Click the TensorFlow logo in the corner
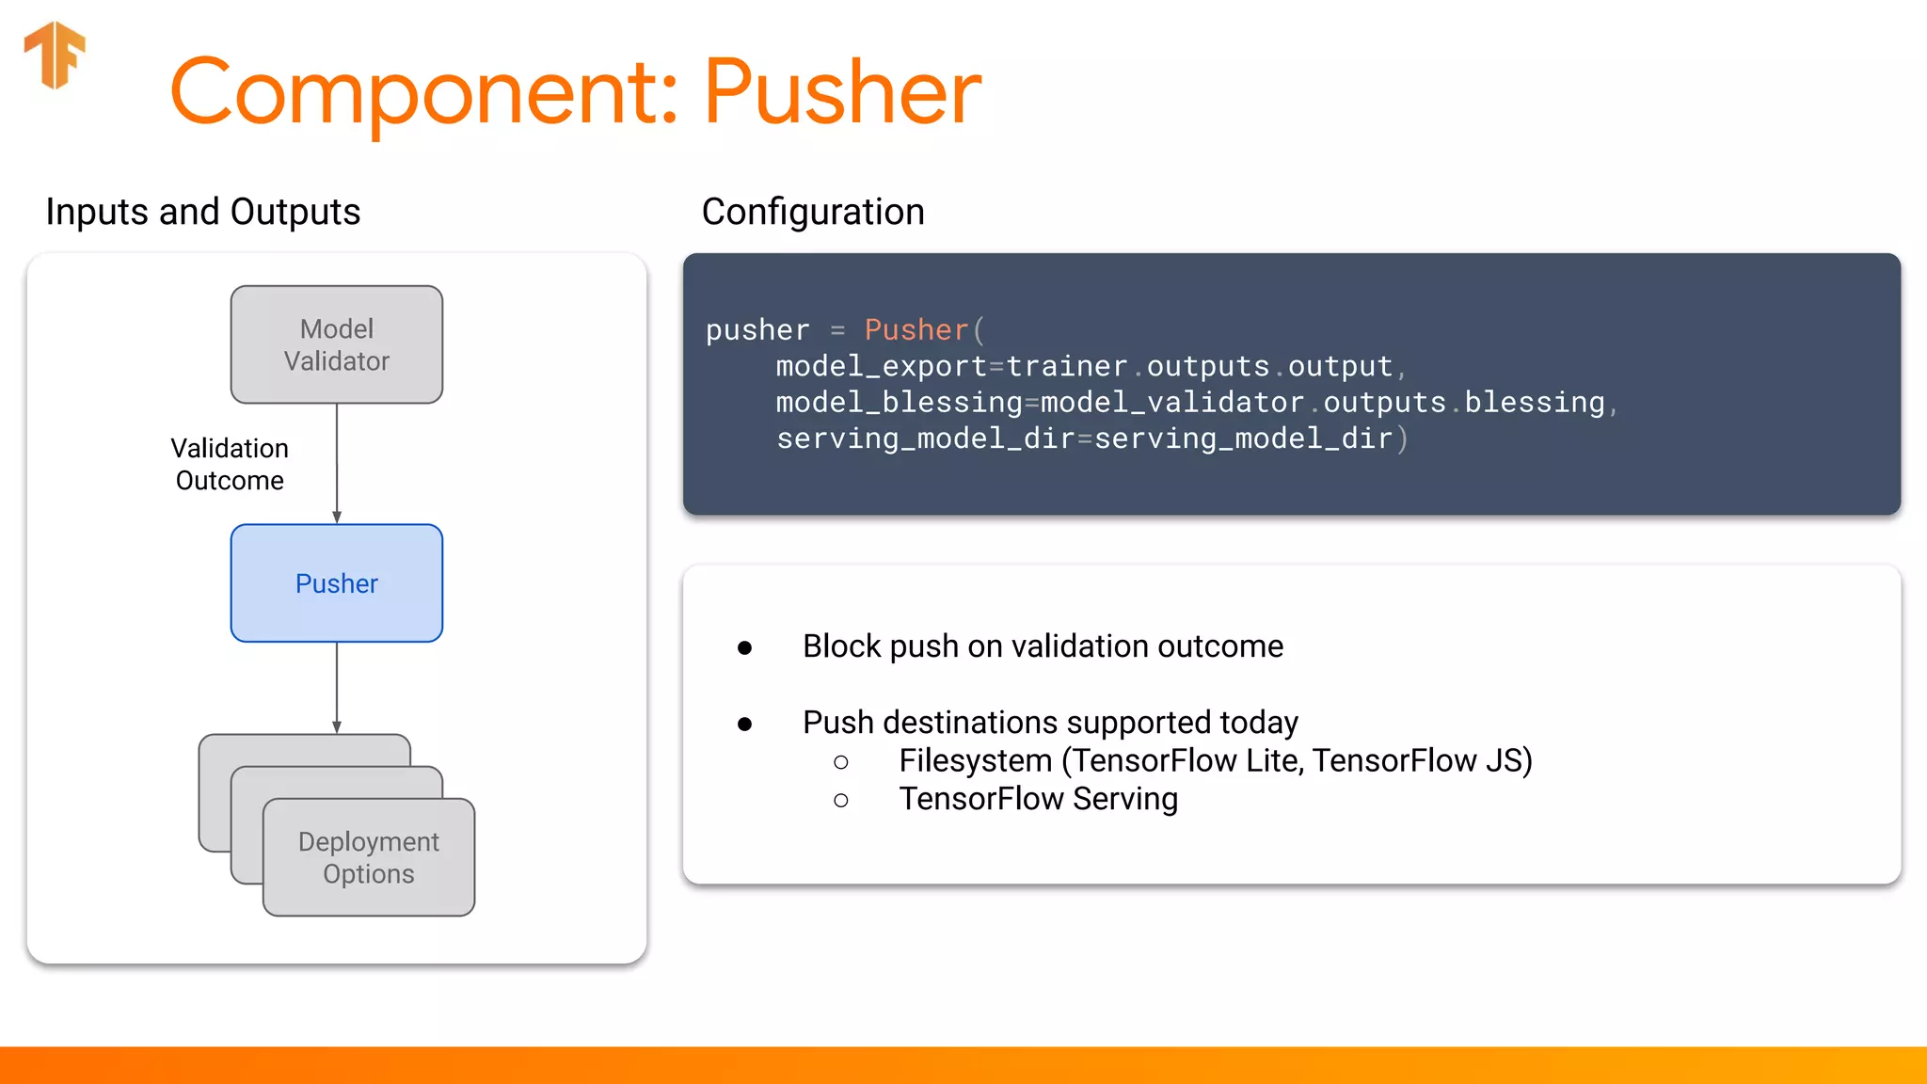[55, 55]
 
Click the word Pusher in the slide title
[842, 92]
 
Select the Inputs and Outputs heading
[202, 212]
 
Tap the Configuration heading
[813, 212]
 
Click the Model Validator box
[336, 344]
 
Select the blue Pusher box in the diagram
[336, 583]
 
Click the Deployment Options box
[368, 857]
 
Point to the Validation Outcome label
[230, 464]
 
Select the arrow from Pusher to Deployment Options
[337, 687]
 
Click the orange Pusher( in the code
[923, 330]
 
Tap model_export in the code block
[881, 366]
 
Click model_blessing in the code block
[899, 403]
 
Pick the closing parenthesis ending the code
[1402, 438]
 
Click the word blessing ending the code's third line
[1534, 403]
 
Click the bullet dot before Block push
[744, 647]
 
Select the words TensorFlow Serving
[1038, 799]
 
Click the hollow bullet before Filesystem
[841, 762]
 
